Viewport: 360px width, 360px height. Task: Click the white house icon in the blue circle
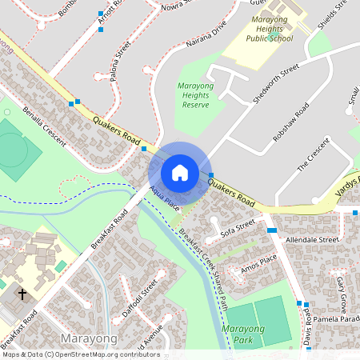(180, 173)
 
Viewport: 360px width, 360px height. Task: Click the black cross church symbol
(22, 294)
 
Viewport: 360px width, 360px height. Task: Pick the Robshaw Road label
(291, 122)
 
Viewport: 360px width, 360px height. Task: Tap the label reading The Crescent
(313, 156)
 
